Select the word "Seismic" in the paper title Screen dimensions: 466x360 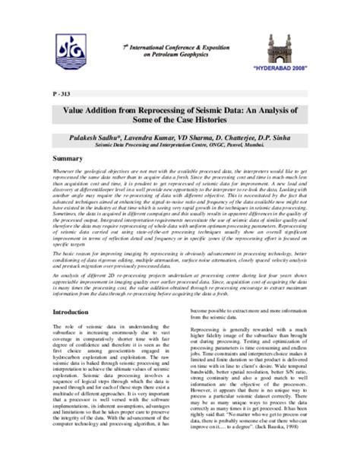coord(204,111)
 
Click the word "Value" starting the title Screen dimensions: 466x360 coord(74,111)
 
